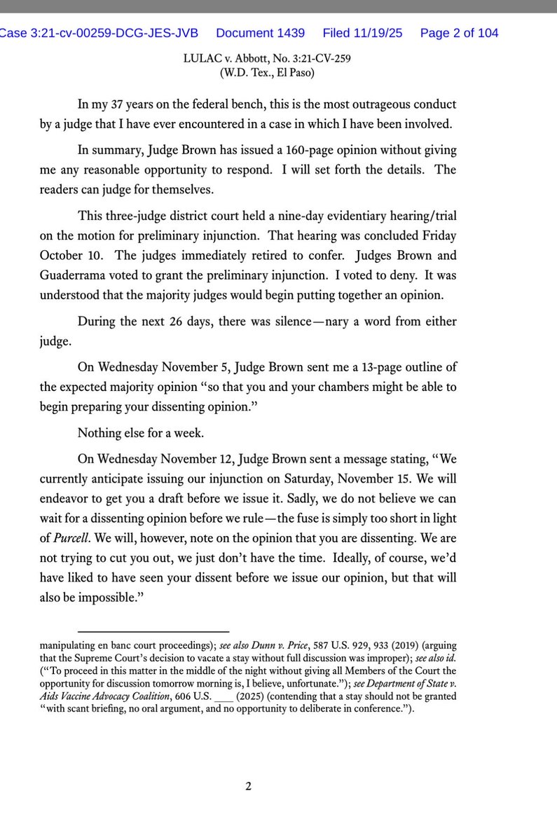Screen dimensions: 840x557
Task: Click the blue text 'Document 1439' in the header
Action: point(262,33)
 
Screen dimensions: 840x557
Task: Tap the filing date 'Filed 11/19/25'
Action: point(362,33)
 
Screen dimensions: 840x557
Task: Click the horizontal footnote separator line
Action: point(153,632)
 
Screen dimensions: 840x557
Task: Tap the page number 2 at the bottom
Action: point(248,786)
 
